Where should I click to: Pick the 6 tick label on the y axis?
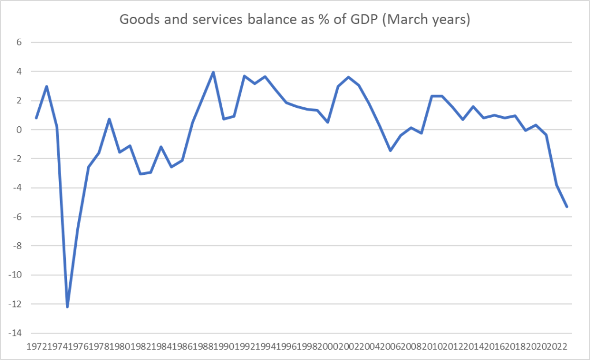[18, 43]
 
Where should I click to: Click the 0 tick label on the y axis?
[18, 130]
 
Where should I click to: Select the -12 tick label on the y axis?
[15, 304]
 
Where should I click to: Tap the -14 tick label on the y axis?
[15, 333]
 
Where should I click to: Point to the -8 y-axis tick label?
[17, 246]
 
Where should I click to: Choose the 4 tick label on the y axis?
[18, 72]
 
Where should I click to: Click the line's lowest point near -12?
[68, 306]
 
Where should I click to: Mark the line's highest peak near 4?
[214, 73]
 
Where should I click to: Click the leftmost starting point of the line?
[36, 118]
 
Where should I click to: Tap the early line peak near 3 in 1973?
[47, 87]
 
